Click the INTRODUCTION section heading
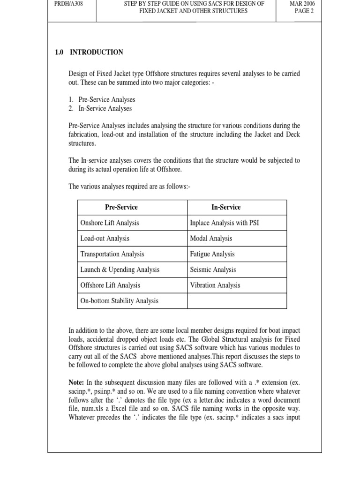(x=96, y=52)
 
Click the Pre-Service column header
(x=121, y=207)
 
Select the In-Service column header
(x=225, y=207)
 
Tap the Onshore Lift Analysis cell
(x=110, y=223)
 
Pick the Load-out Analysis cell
(x=105, y=239)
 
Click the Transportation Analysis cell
(x=112, y=254)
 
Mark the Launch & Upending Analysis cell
(x=120, y=270)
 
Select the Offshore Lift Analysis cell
(x=110, y=285)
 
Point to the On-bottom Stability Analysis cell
(x=119, y=301)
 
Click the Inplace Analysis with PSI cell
(x=224, y=223)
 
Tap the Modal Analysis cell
(x=211, y=239)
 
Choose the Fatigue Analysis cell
(x=212, y=254)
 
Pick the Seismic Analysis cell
(x=213, y=270)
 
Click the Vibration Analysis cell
(x=215, y=285)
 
